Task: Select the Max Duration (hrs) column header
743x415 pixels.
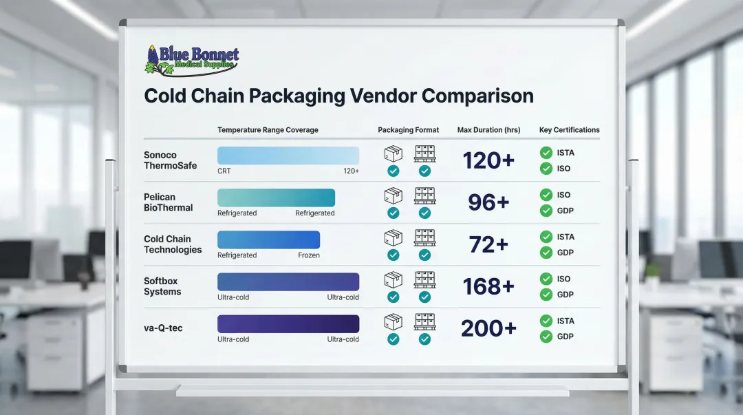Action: click(488, 130)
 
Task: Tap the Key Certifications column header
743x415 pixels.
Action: click(569, 130)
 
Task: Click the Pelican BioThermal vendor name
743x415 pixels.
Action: click(169, 202)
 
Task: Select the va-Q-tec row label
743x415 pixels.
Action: click(163, 328)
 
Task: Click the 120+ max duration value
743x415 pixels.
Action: click(488, 160)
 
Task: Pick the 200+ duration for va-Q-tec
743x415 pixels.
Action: click(488, 328)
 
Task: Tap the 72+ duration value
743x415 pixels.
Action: click(488, 244)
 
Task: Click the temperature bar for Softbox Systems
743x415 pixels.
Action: click(288, 281)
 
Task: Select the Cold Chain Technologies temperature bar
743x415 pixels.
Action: click(268, 240)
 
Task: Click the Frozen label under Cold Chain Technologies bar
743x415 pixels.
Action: click(309, 255)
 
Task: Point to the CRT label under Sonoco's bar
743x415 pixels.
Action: click(224, 171)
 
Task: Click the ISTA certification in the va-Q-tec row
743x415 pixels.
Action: click(566, 321)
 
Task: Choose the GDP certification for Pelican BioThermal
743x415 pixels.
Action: click(565, 211)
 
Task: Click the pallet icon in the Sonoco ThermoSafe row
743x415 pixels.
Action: click(424, 153)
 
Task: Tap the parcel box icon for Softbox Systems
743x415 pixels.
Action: click(393, 279)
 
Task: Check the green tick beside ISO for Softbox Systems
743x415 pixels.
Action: click(546, 279)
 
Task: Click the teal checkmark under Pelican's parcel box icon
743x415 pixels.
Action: click(393, 213)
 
